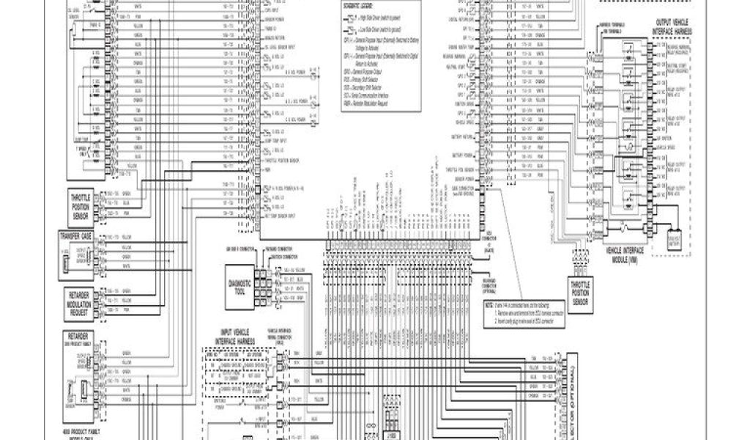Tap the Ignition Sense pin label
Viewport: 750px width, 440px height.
coord(467,104)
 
